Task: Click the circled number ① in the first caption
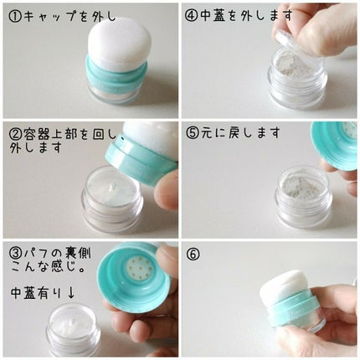(x=15, y=17)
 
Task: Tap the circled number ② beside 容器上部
(x=15, y=135)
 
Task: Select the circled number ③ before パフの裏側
(x=15, y=254)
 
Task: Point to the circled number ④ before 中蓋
(x=191, y=16)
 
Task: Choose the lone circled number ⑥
(x=193, y=254)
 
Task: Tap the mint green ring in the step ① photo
(x=118, y=76)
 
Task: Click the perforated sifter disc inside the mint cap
(x=140, y=267)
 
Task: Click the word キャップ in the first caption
(x=49, y=17)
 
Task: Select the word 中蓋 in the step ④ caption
(x=213, y=16)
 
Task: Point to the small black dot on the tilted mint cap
(x=122, y=137)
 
